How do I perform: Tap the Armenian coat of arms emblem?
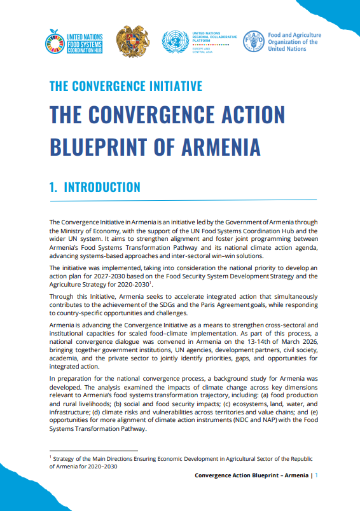click(x=133, y=42)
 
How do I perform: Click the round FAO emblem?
click(x=255, y=42)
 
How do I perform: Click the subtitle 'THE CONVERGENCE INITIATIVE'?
click(x=126, y=86)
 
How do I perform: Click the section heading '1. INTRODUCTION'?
click(x=95, y=187)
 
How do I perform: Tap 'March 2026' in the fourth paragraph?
click(x=295, y=341)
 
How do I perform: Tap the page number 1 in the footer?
click(x=317, y=475)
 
